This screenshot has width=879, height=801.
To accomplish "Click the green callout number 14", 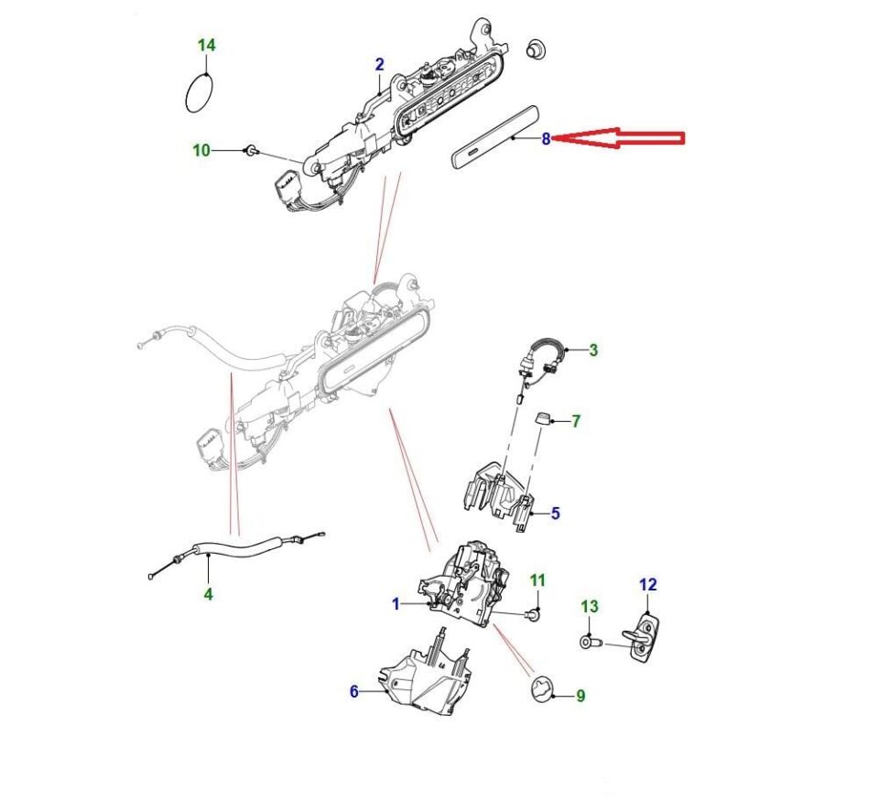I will pos(207,45).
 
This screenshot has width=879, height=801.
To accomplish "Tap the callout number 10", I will pos(201,150).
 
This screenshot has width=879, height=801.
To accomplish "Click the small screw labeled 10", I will pos(249,149).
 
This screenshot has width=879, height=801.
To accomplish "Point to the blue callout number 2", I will pos(379,64).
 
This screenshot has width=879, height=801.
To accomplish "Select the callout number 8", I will pos(546,139).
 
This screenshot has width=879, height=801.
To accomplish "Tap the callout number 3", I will pos(592,350).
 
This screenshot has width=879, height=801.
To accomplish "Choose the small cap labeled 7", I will pos(543,421).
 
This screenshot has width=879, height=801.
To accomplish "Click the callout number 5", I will pos(555,514).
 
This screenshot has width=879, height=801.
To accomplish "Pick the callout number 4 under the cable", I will pos(208,594).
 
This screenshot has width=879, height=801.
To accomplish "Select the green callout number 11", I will pos(537,580).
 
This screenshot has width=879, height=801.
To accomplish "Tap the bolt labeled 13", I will pos(589,643).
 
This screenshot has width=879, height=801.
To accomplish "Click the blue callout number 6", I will pos(354,691).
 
